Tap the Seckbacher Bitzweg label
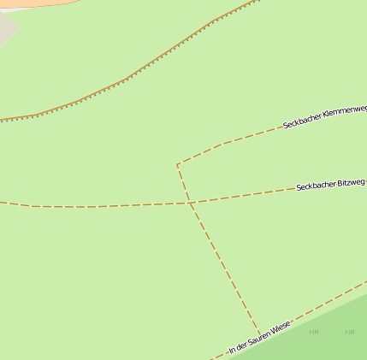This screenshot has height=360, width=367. pos(330,185)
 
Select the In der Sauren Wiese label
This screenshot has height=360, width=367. pos(260,337)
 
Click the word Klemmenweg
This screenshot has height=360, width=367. pos(345,110)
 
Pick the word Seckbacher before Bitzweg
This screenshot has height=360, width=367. pos(316,186)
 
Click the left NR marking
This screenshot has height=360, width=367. pos(314,332)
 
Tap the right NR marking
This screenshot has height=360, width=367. pos(349,332)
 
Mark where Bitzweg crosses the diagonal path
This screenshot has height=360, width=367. pos(189,203)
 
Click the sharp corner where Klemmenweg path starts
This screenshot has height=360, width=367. pos(178,164)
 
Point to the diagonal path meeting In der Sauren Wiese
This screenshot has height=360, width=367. pos(259,333)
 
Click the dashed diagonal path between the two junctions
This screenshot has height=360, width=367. pos(224,269)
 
